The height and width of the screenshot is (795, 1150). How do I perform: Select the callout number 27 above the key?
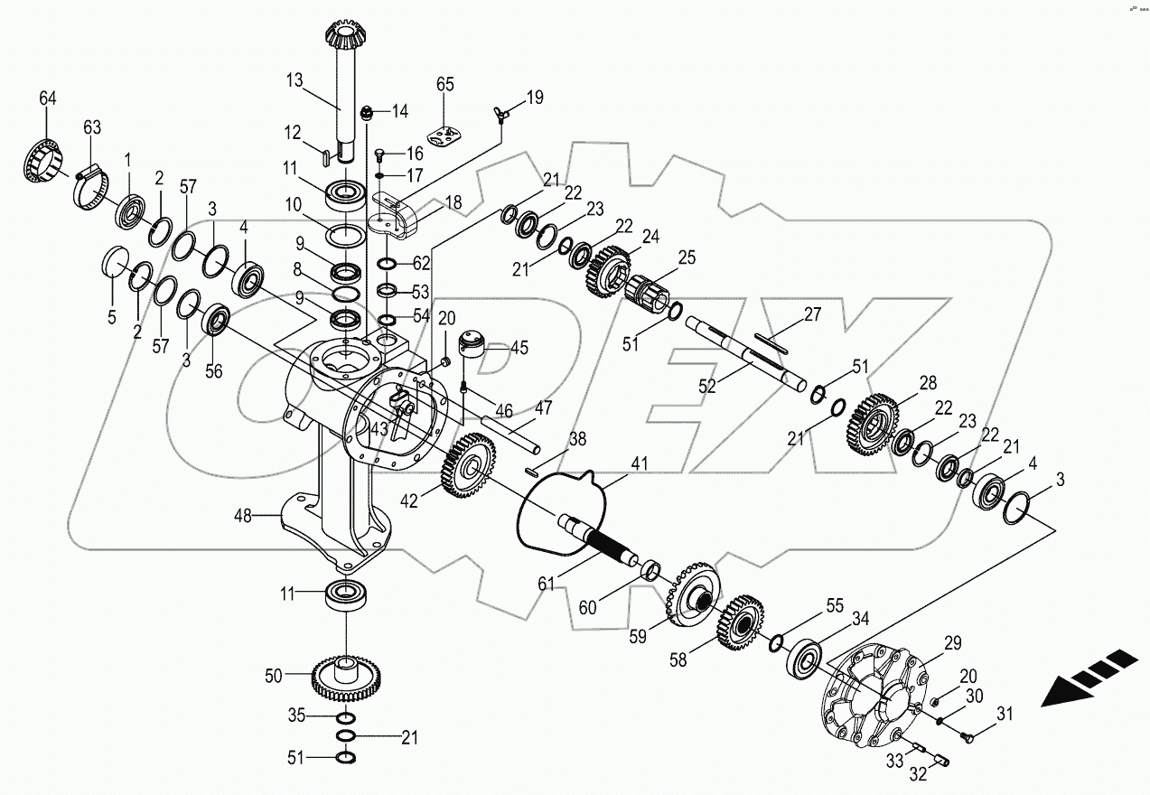point(812,314)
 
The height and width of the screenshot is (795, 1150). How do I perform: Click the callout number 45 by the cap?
point(520,348)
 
